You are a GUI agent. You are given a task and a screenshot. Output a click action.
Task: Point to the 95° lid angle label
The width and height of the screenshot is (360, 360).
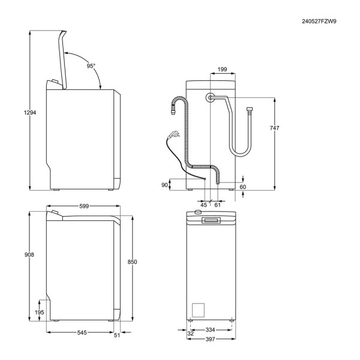(x=91, y=66)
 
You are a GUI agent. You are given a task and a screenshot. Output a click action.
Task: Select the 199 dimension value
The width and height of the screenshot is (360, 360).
(x=223, y=70)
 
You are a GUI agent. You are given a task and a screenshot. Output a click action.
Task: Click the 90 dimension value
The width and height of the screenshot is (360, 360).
(x=164, y=185)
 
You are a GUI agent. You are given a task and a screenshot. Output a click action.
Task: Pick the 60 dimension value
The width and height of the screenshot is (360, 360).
(x=243, y=187)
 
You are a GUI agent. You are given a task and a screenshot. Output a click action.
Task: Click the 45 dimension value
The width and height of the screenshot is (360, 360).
(x=203, y=205)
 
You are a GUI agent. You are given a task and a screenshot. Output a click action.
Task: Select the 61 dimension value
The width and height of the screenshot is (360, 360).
(x=218, y=205)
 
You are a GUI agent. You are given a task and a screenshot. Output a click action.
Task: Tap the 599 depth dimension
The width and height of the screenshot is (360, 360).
(x=84, y=206)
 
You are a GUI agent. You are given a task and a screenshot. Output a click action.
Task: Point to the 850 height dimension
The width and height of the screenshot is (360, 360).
(x=133, y=262)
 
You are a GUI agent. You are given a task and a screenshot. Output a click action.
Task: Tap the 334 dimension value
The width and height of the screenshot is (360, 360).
(x=211, y=329)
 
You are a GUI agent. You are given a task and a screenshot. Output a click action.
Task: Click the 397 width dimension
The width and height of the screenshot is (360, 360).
(x=211, y=339)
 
